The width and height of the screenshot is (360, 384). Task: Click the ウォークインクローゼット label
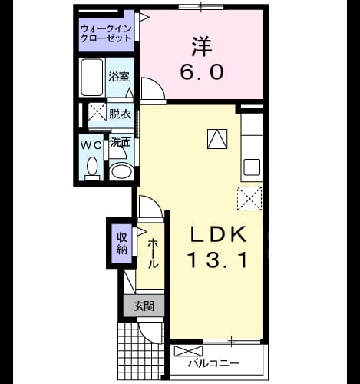[x=106, y=33]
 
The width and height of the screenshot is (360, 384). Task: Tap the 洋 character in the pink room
[x=202, y=47]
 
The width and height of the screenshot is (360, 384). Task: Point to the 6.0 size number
[x=202, y=71]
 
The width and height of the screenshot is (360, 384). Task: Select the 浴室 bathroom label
[x=119, y=77]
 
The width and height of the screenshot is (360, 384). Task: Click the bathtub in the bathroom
[x=92, y=78]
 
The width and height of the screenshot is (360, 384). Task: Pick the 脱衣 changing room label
[x=120, y=114]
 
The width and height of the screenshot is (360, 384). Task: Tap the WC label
[x=91, y=145]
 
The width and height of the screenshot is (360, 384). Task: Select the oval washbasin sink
[x=121, y=171]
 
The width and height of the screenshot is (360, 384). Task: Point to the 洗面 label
[x=121, y=143]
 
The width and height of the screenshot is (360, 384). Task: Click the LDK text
[x=218, y=234]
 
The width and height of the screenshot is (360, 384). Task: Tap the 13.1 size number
[x=218, y=260]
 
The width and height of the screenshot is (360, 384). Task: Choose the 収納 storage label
[x=122, y=243]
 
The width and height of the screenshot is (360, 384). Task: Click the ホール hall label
[x=153, y=253]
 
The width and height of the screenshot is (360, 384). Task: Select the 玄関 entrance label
[x=144, y=306]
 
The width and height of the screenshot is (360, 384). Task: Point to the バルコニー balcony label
[x=214, y=363]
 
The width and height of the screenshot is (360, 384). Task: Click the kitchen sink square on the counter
[x=252, y=167]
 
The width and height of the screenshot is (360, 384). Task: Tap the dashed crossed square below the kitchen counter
[x=249, y=199]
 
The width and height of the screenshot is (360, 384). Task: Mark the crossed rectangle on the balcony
[x=188, y=351]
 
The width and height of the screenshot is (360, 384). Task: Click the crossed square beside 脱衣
[x=97, y=111]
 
